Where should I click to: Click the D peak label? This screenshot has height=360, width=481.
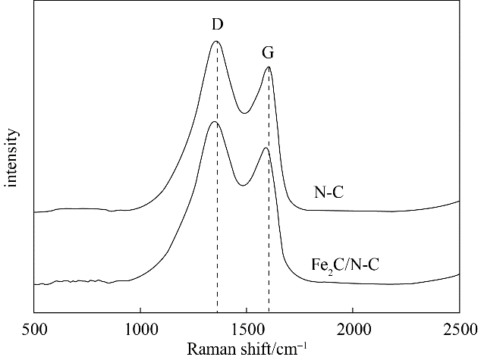click(217, 25)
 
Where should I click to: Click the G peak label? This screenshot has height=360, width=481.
click(268, 54)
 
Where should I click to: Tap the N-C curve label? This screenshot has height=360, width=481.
click(329, 193)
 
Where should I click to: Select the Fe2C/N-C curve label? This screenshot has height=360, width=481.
click(345, 265)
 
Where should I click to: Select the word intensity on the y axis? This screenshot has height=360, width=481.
click(12, 158)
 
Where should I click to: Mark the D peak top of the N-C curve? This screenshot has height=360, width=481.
click(216, 42)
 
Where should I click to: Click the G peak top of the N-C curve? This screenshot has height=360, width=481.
click(268, 67)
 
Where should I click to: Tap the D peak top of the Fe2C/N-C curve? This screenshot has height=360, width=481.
click(214, 121)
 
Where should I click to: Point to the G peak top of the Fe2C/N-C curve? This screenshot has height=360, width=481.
click(265, 148)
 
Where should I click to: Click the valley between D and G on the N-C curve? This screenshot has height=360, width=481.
click(244, 113)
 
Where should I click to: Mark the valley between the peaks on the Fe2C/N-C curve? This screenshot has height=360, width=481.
click(242, 185)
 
